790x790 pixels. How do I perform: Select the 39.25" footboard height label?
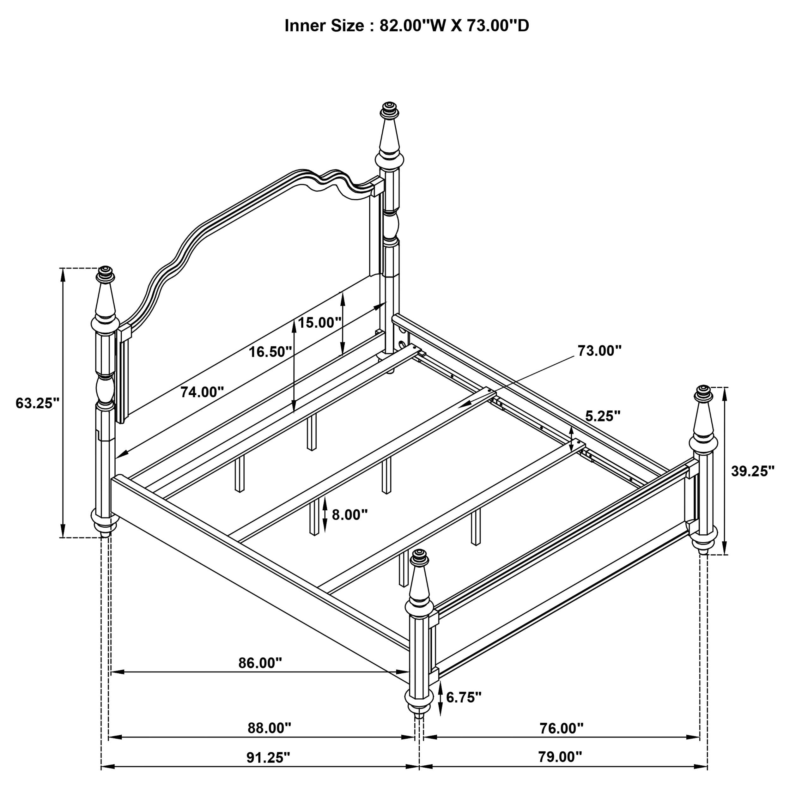coord(752,471)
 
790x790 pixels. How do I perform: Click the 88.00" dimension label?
coord(269,728)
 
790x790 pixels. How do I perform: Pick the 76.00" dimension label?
coord(561,728)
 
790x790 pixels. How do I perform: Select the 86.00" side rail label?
coord(260,663)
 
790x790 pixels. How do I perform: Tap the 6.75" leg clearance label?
coord(463,697)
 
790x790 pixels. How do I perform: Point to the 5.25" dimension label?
coord(602,416)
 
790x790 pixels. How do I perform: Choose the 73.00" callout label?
coord(599,350)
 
